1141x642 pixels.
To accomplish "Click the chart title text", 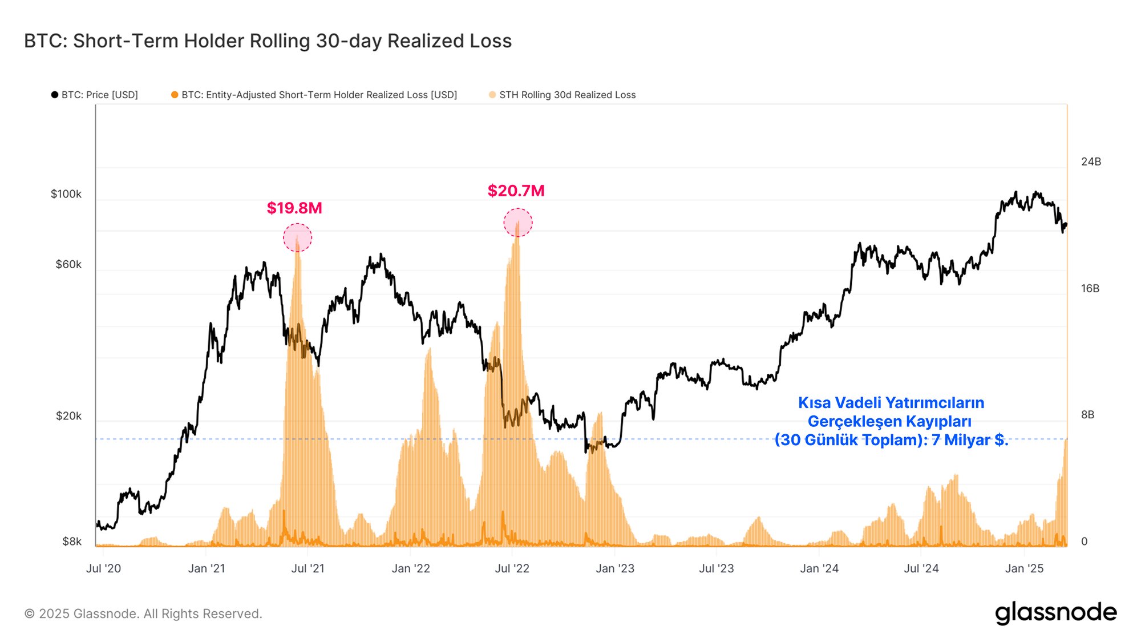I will [x=268, y=41].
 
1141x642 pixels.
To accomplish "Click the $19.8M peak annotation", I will [x=294, y=208].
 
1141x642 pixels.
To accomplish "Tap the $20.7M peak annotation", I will [x=516, y=191].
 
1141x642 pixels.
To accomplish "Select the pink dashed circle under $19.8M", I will [x=297, y=238].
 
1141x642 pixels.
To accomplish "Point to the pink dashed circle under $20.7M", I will [x=517, y=223].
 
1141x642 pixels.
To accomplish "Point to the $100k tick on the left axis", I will [x=66, y=194].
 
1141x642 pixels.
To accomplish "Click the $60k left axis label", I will [x=68, y=264].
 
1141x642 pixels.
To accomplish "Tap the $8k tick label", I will [x=71, y=541].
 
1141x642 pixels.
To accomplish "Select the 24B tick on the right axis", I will [x=1091, y=161].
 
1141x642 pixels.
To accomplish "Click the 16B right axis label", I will [x=1090, y=288].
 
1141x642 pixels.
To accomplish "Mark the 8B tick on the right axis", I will [x=1087, y=415].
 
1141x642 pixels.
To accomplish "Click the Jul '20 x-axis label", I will [x=103, y=568].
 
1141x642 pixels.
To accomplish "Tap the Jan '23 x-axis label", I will [x=614, y=568].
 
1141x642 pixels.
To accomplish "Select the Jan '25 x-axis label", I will [x=1024, y=568].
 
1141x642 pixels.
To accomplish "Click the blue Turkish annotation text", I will [x=891, y=421].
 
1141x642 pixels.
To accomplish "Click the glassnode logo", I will [x=1055, y=613].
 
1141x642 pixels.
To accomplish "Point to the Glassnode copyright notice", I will [x=143, y=613].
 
